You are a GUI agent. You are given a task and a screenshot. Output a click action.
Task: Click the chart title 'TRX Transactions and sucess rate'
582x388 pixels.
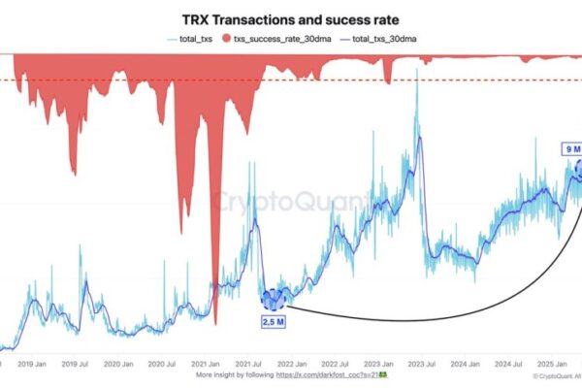point(291,18)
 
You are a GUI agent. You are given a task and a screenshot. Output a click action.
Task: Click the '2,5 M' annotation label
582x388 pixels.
point(273,319)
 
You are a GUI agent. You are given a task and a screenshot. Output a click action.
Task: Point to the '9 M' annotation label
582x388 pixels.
point(572,149)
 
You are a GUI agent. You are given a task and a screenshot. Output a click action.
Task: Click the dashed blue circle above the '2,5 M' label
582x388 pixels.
point(273,299)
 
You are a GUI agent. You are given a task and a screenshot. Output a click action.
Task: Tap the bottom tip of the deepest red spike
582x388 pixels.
point(214,325)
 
